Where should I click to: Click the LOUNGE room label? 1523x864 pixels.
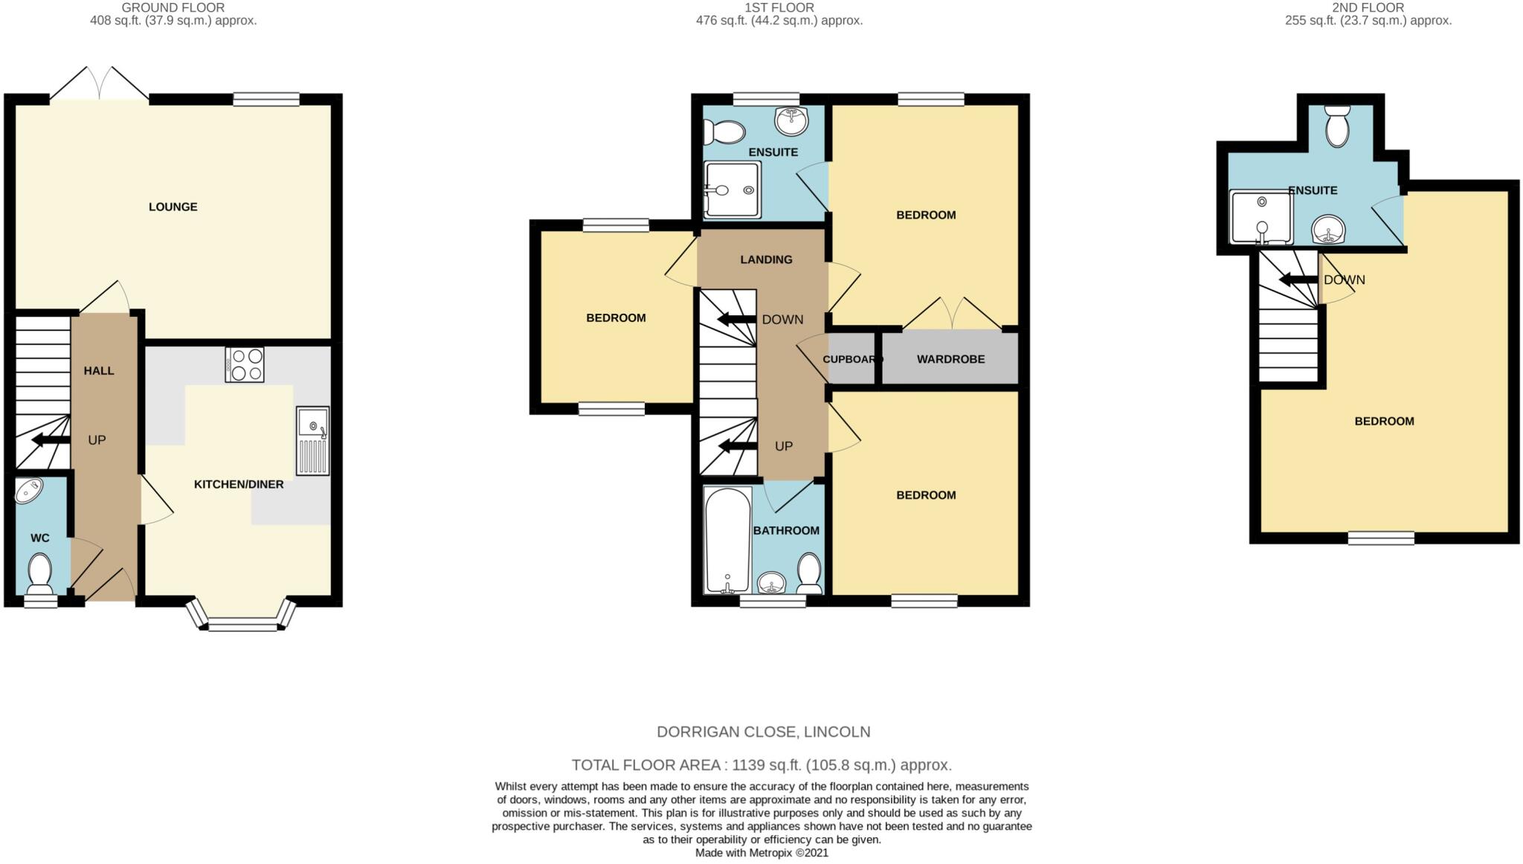click(173, 207)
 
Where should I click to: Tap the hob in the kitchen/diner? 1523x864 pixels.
click(245, 364)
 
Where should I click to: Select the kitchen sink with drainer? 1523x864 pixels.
click(312, 441)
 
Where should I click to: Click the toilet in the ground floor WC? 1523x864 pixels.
click(39, 572)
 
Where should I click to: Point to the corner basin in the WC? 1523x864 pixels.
click(30, 490)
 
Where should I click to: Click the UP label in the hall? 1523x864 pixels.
click(97, 440)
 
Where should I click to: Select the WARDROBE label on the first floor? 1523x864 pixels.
click(950, 359)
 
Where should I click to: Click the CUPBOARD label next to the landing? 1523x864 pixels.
click(851, 359)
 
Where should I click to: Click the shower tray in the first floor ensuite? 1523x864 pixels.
click(732, 190)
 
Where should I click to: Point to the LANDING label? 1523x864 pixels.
click(766, 259)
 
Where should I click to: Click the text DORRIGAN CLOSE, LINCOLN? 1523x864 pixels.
click(763, 732)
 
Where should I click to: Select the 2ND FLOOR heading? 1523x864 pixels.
click(1368, 7)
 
